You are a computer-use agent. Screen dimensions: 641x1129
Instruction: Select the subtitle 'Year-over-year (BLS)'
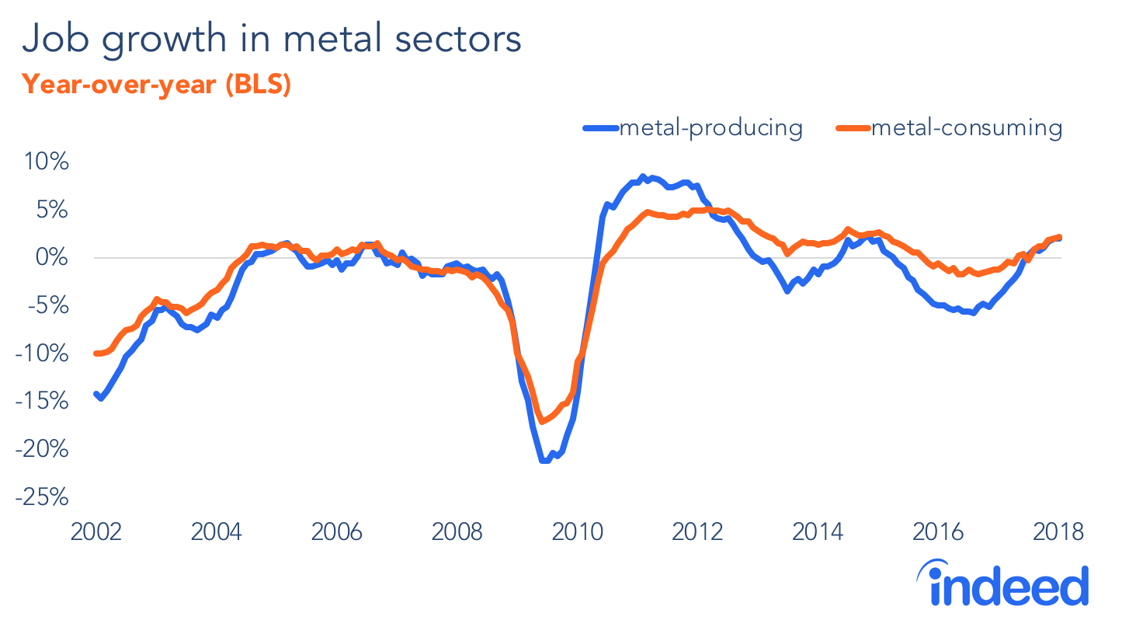[155, 85]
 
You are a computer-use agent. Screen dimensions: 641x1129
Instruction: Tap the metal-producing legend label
[710, 127]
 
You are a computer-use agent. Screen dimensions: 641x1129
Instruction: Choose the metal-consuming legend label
[966, 127]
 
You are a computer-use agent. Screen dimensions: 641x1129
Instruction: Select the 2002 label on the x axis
[96, 533]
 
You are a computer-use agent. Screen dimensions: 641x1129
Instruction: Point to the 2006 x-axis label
[337, 533]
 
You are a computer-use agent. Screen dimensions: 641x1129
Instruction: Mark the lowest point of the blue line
[545, 461]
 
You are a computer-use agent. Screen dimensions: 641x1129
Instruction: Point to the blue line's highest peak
[642, 177]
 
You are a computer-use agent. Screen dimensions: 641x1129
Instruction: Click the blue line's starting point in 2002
[96, 394]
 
